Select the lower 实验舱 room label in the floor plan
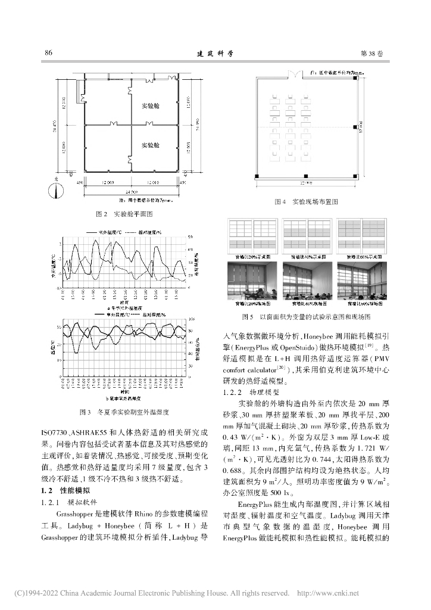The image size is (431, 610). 149,145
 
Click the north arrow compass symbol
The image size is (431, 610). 55,191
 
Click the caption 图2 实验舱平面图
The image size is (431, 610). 124,213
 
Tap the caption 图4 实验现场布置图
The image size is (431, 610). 306,202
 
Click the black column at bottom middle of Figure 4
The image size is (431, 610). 305,175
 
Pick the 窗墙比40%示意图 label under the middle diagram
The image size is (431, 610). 305,254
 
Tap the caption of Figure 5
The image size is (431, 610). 306,317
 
